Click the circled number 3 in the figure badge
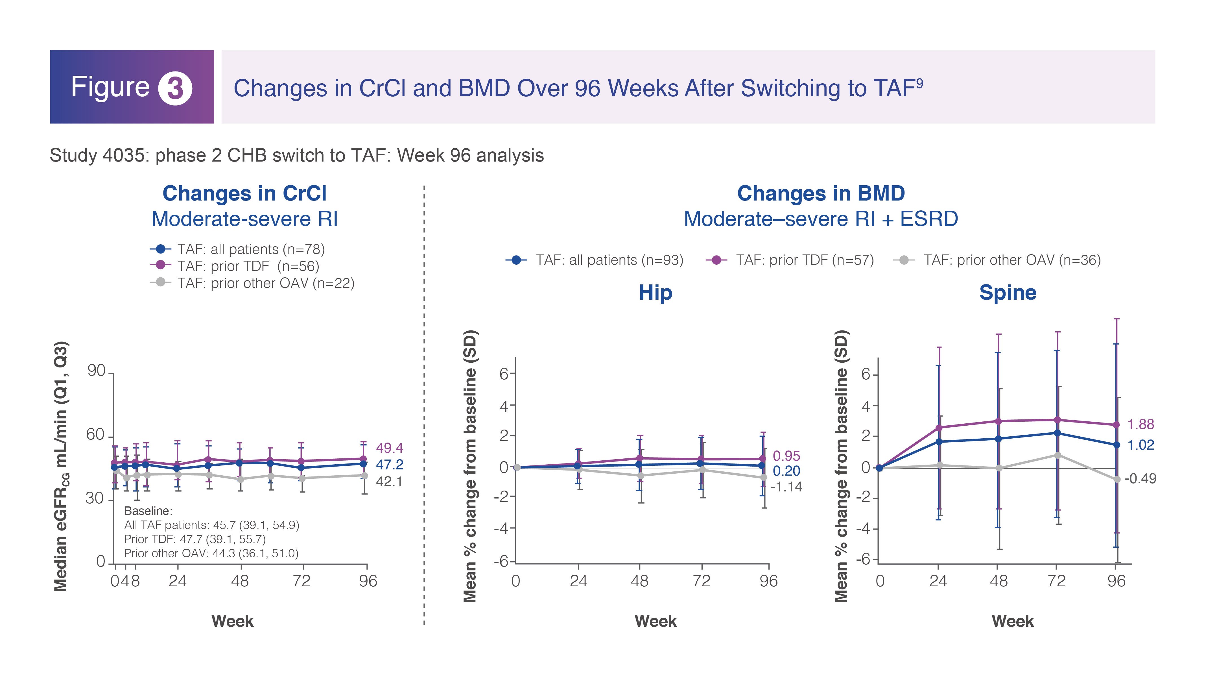coord(175,88)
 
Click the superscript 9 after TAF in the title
coord(919,83)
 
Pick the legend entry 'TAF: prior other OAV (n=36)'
coord(997,260)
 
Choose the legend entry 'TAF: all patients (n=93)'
coord(595,260)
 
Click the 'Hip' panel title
coord(656,293)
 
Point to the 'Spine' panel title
coord(1008,293)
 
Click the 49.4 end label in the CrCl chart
coord(390,448)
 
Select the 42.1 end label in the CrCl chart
coord(390,482)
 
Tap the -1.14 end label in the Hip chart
coord(786,487)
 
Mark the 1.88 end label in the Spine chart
coord(1141,425)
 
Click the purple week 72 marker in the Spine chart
coord(1057,420)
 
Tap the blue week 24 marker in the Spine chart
coord(939,441)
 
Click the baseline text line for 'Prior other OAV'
coord(211,553)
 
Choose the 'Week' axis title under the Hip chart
coord(656,621)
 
